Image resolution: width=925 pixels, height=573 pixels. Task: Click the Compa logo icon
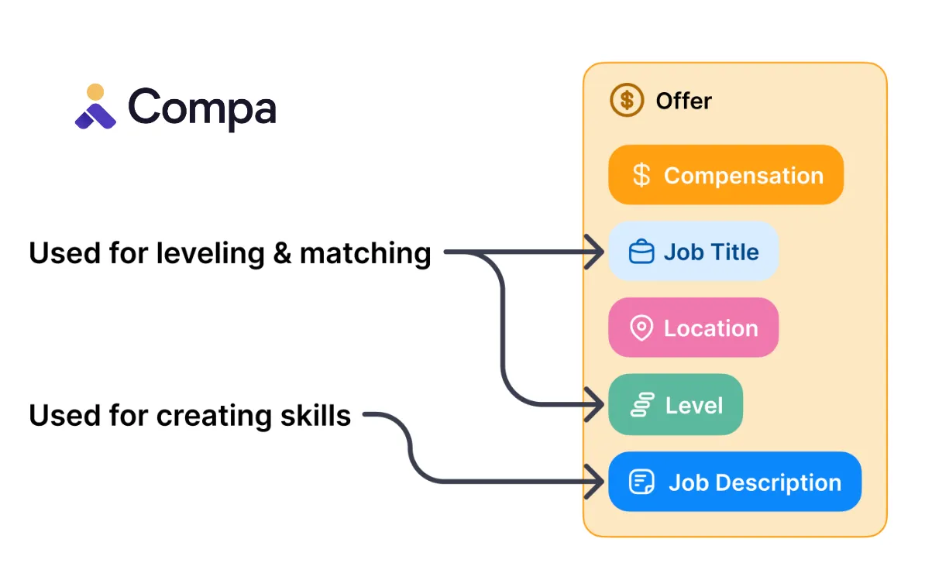[x=95, y=107]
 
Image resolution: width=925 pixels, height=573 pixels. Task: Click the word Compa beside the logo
[x=202, y=108]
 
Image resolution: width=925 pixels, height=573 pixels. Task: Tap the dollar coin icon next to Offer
[x=627, y=100]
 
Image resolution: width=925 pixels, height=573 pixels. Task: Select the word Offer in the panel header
[x=683, y=101]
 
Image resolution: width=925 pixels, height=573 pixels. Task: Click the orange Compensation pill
[x=725, y=175]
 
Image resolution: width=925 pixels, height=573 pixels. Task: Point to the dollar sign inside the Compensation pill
[x=641, y=176]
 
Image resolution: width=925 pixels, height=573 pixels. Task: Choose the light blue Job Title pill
[x=693, y=252]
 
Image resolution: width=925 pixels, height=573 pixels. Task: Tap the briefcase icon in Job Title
[x=641, y=252]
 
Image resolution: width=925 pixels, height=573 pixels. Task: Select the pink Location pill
[x=693, y=328]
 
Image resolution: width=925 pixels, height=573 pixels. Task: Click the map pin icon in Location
[x=641, y=328]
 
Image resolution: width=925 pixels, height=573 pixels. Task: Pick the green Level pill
[x=675, y=405]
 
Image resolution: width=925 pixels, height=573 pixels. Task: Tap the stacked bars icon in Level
[x=642, y=405]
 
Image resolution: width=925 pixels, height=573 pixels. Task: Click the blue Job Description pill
[x=734, y=482]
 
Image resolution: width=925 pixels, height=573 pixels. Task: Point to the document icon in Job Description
[x=641, y=482]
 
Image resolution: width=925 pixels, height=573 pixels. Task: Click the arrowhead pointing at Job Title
[x=597, y=252]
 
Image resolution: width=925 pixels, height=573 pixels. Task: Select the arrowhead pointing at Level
[x=597, y=403]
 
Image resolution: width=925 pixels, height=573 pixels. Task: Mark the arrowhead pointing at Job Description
[x=597, y=482]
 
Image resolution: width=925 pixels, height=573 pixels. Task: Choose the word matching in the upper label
[x=365, y=254]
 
